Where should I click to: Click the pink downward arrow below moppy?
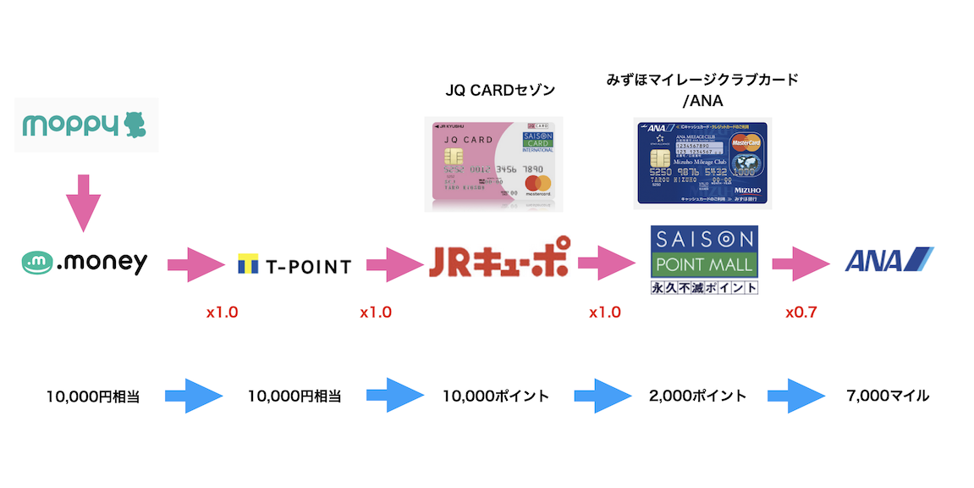pyautogui.click(x=83, y=203)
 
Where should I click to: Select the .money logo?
pyautogui.click(x=85, y=263)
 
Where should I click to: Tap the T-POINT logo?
pyautogui.click(x=294, y=265)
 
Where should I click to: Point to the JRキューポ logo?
pyautogui.click(x=497, y=263)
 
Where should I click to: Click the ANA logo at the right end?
pyautogui.click(x=889, y=260)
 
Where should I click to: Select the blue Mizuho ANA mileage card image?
pyautogui.click(x=702, y=163)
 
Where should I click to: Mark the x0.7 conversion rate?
pyautogui.click(x=801, y=312)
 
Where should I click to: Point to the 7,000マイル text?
pyautogui.click(x=888, y=396)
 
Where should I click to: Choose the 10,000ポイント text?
pyautogui.click(x=496, y=396)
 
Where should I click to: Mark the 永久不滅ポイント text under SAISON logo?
pyautogui.click(x=703, y=287)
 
